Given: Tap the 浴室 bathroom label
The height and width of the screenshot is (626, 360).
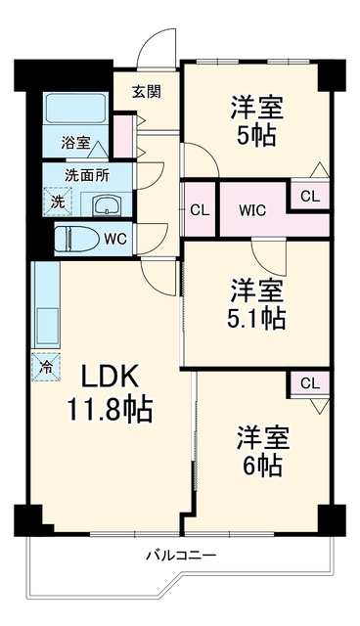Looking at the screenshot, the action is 76,143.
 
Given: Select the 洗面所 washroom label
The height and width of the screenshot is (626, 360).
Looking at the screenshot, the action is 87,176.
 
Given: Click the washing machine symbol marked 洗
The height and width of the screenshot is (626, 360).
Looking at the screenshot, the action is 58,201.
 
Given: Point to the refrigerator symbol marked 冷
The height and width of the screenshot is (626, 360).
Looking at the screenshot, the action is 46,367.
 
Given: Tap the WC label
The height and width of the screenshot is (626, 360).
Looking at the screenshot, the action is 115,239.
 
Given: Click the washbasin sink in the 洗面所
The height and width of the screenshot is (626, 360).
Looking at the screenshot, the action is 106,204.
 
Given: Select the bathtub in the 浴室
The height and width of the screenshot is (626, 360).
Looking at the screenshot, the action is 76,109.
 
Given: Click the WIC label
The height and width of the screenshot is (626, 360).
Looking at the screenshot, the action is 252,210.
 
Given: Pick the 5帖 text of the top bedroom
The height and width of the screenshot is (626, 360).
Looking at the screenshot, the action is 256,137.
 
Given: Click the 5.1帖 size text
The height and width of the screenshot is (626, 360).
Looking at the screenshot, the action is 256,319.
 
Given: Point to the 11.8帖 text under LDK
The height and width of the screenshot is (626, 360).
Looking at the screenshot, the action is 110,409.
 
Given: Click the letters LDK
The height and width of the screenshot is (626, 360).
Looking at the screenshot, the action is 110,377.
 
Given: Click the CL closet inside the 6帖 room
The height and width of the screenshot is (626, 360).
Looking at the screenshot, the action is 310,383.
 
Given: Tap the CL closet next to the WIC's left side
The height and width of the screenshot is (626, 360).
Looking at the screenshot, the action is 200,210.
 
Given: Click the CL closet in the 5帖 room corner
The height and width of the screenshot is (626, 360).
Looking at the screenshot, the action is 310,196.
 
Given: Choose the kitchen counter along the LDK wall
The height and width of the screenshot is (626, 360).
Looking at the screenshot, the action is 45,304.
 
